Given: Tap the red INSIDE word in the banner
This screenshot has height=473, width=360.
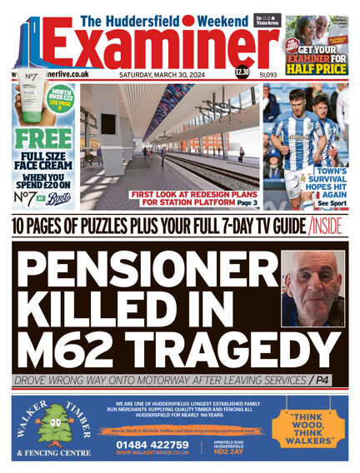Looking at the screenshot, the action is [330, 224].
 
